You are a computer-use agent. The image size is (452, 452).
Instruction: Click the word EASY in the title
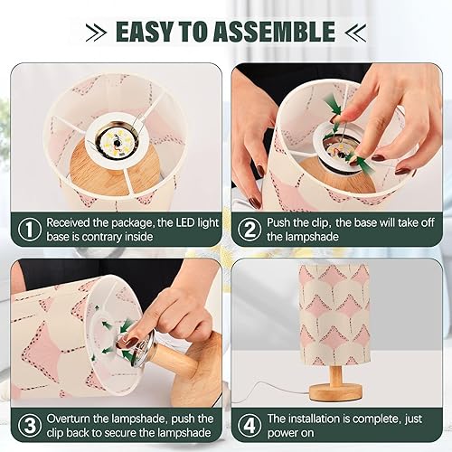(x=148, y=33)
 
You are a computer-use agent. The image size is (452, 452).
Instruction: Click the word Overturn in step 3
(x=71, y=419)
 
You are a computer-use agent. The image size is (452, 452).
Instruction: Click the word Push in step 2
(x=283, y=222)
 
